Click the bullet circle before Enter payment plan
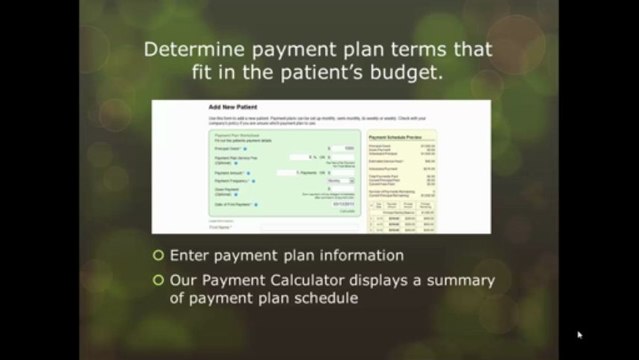[x=158, y=256]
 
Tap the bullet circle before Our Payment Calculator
[x=158, y=280]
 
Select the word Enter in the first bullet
[x=190, y=256]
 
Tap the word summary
[x=459, y=280]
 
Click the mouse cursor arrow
[x=579, y=335]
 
